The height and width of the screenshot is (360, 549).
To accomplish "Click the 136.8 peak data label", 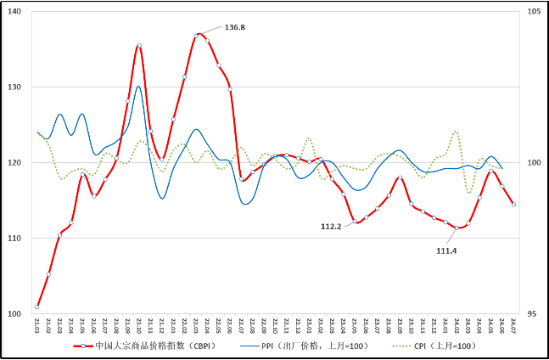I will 235,27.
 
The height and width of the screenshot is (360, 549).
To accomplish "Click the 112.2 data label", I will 331,227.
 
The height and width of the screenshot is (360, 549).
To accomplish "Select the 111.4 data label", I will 447,250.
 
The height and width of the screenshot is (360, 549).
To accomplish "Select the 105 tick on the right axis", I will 534,12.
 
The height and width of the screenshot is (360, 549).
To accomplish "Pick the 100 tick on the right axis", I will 534,163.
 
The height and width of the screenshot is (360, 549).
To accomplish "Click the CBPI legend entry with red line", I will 143,346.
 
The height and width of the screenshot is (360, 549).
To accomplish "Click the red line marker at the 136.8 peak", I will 197,35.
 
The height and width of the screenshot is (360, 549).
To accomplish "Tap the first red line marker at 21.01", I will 37,307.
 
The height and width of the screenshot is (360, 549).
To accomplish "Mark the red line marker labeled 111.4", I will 457,228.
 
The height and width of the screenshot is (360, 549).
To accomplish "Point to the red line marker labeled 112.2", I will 355,222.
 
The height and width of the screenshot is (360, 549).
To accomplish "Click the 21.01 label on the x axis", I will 37,326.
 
